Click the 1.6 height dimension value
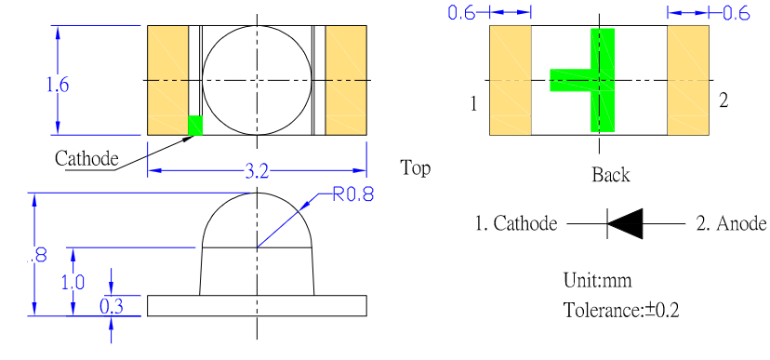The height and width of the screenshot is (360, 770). [58, 85]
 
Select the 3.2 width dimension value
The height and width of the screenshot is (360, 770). [257, 172]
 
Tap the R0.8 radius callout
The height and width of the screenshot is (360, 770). [353, 194]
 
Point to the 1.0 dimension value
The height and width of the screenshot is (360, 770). [73, 283]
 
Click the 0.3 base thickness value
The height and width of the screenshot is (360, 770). [112, 306]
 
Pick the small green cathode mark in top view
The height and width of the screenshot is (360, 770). [195, 126]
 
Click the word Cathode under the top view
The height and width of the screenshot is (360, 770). [86, 159]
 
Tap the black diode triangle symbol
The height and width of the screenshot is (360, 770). [625, 223]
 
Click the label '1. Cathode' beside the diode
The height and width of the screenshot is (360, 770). [516, 223]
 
